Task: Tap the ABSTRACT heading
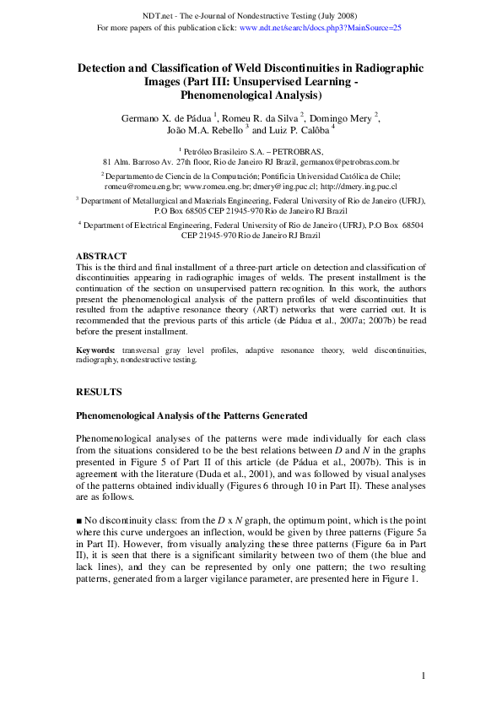(x=101, y=256)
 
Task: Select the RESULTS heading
(x=99, y=392)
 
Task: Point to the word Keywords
(x=95, y=349)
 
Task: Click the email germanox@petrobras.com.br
(x=348, y=160)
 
